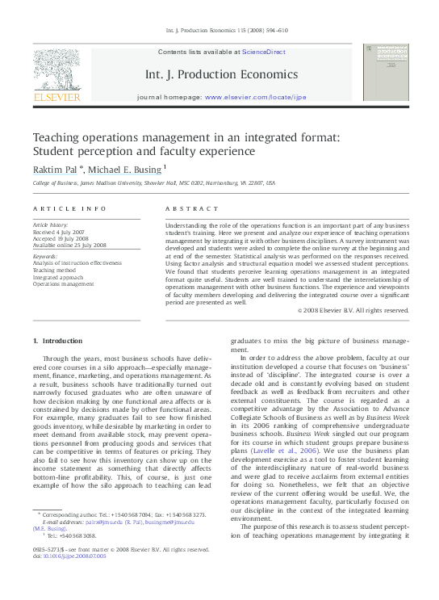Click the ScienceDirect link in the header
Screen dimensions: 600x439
click(x=264, y=51)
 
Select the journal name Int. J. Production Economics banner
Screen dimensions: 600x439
click(x=219, y=73)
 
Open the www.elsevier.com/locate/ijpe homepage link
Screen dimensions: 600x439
click(x=255, y=96)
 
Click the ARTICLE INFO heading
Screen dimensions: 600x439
click(x=69, y=208)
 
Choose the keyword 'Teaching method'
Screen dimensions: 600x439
click(x=54, y=270)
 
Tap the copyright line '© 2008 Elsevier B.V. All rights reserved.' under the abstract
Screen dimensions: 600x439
click(x=353, y=310)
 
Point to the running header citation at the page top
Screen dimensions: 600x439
click(x=219, y=30)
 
